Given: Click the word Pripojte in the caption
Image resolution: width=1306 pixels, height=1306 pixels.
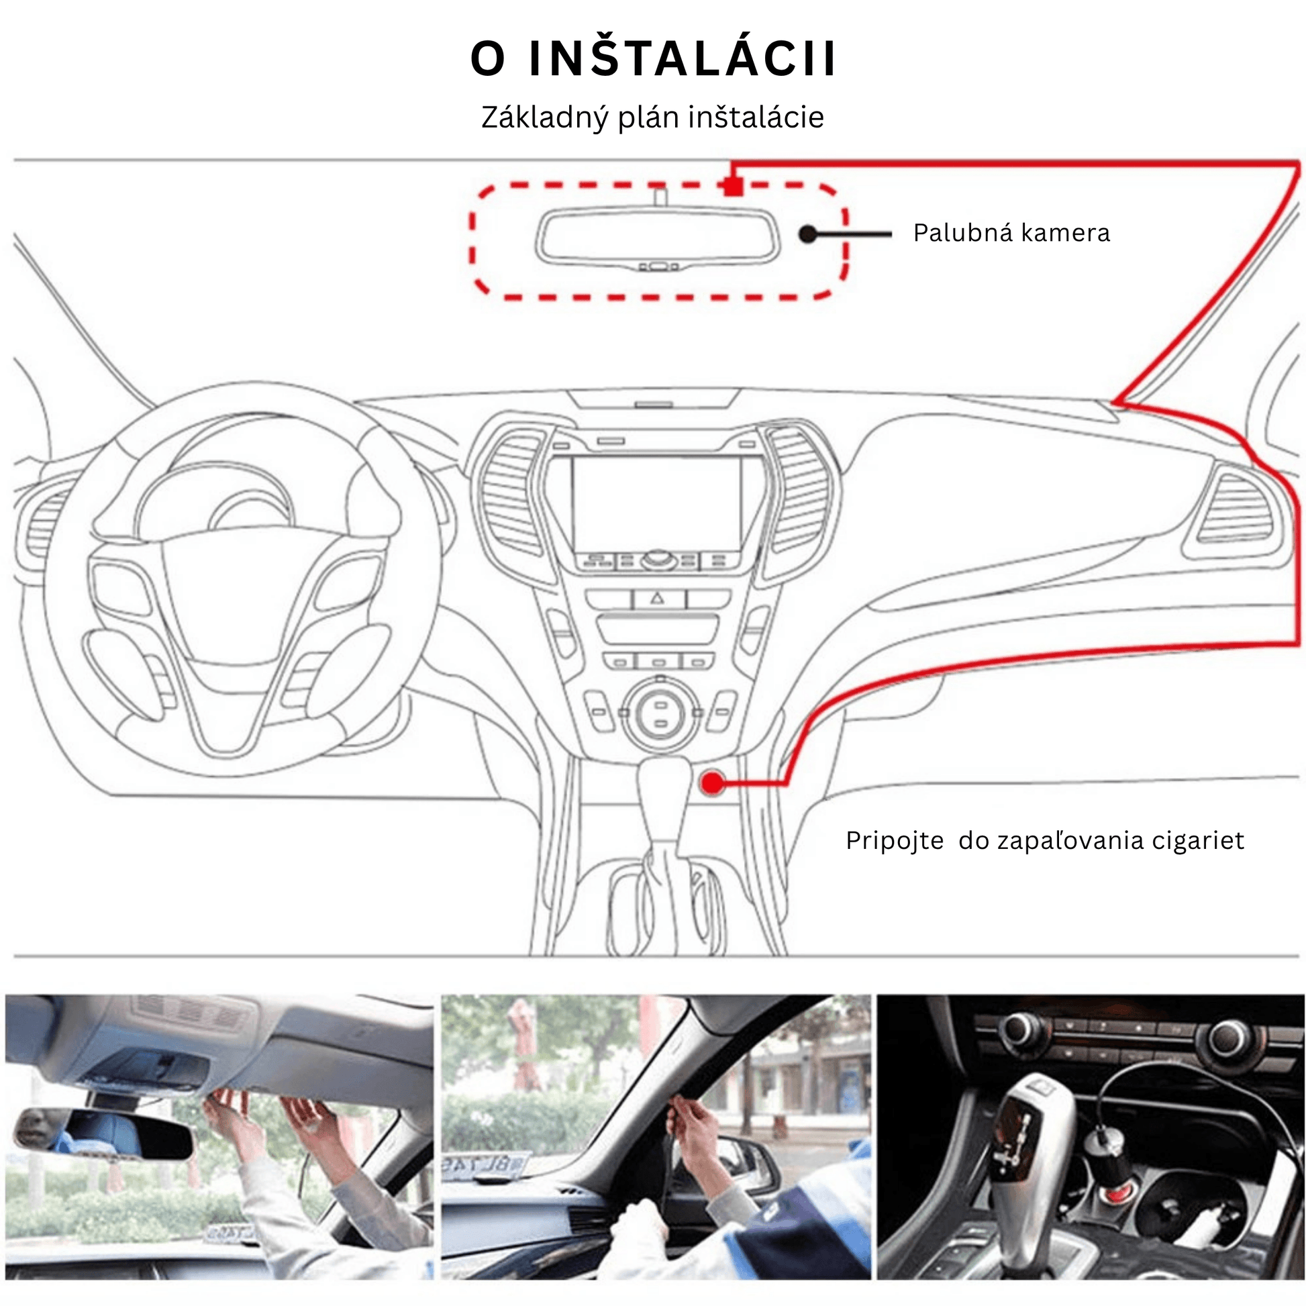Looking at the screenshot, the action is pos(895,841).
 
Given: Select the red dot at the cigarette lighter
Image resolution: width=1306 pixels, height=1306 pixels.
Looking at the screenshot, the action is pos(712,783).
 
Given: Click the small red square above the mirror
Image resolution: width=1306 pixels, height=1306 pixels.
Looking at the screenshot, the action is pos(734,186).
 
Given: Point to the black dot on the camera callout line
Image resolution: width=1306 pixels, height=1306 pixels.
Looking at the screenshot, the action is pos(808,234).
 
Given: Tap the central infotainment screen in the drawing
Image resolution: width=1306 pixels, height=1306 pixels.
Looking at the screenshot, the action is pos(657,503).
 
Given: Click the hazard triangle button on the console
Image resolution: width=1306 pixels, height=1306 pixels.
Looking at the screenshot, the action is pos(658,598).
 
